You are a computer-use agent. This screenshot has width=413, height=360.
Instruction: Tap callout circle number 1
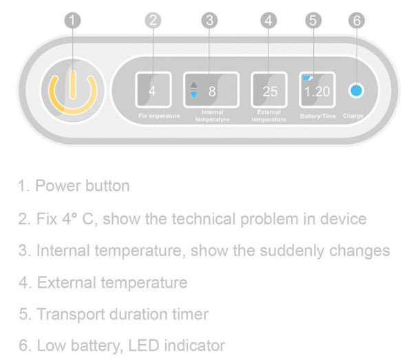(x=73, y=21)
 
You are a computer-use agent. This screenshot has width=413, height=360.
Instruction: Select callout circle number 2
(x=153, y=21)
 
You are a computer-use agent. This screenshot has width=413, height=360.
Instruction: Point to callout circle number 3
(x=209, y=21)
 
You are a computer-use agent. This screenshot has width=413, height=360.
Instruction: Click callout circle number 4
(x=268, y=21)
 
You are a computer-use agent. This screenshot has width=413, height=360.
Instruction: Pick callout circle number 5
(x=313, y=21)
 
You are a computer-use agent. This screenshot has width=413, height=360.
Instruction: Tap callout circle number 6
(x=357, y=21)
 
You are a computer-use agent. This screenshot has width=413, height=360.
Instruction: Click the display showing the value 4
(x=153, y=89)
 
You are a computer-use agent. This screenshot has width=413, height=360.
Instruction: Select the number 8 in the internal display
(x=212, y=92)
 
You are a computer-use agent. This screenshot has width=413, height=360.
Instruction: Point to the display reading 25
(x=269, y=89)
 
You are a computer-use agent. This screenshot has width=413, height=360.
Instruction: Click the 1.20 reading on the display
(x=317, y=92)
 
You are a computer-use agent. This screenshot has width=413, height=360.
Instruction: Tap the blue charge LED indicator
(x=357, y=91)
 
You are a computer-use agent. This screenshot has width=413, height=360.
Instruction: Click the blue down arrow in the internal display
(x=193, y=95)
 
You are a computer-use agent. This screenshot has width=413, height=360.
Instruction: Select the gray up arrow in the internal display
(x=193, y=85)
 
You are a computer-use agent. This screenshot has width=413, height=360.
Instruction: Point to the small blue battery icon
(x=308, y=77)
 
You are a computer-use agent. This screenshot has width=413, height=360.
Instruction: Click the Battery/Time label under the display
(x=318, y=116)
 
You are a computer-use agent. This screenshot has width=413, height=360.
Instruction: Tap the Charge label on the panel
(x=353, y=116)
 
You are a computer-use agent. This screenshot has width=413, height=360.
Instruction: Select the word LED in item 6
(x=144, y=346)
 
